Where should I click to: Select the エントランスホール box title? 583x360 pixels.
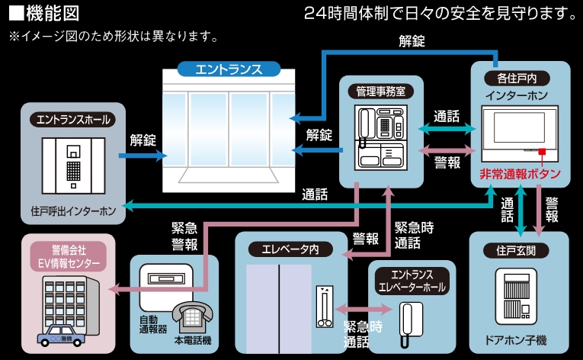[x=74, y=119]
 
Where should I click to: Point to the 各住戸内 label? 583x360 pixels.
[x=517, y=78]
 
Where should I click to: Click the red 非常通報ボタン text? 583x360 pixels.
[x=520, y=174]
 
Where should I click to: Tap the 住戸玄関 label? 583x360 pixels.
[x=517, y=250]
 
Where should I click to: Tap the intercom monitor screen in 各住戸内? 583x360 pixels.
[x=516, y=131]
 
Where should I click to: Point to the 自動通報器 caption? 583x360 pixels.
[x=152, y=323]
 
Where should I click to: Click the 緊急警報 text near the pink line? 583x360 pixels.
[x=184, y=236]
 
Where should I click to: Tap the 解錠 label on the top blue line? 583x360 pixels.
[x=412, y=41]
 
